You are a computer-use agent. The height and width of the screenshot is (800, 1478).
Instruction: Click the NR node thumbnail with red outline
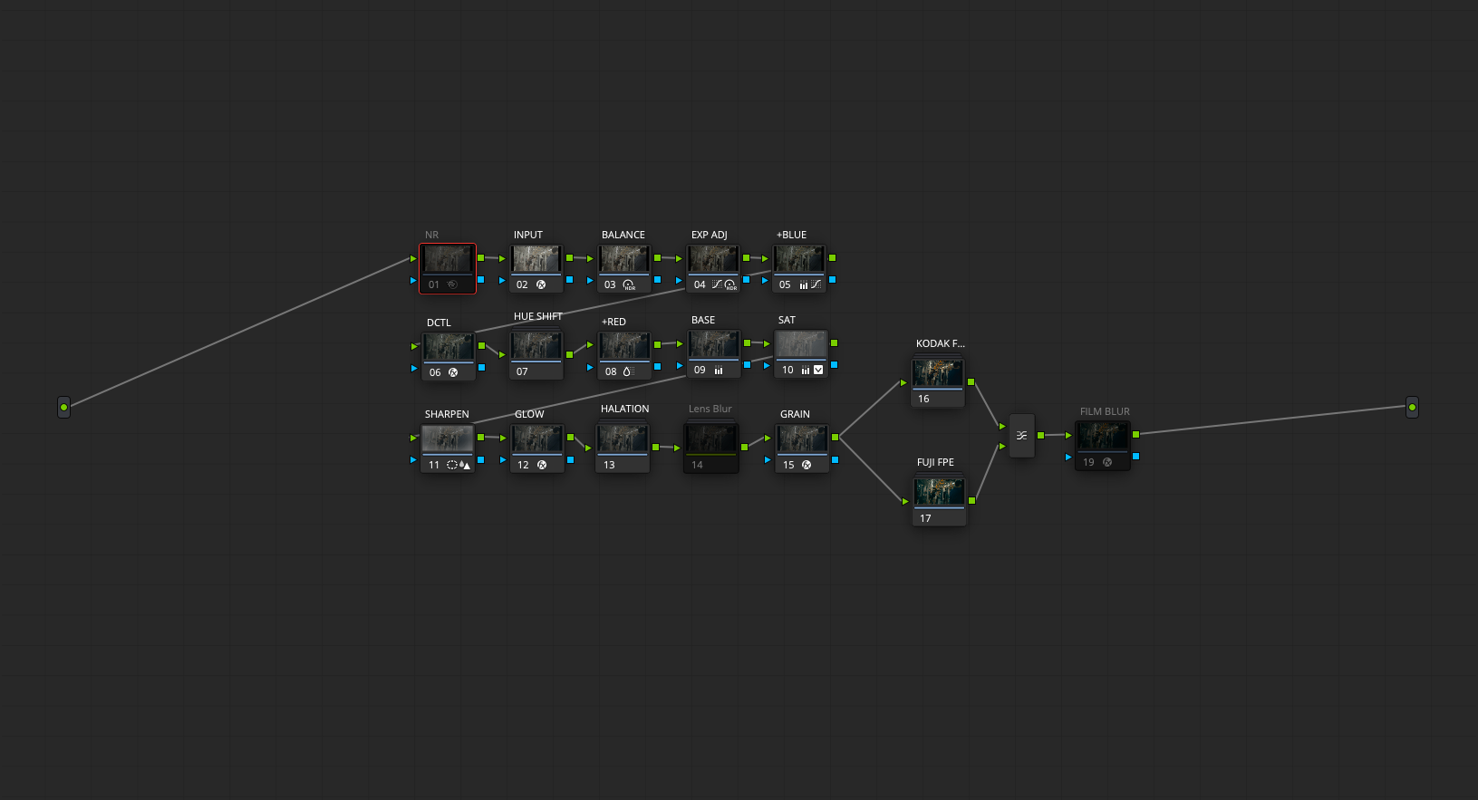pos(448,259)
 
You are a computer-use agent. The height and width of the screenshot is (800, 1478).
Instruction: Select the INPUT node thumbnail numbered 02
pos(536,259)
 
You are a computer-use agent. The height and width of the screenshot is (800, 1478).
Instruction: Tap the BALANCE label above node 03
pos(623,235)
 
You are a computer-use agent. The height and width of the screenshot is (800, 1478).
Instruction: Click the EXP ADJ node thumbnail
pos(712,259)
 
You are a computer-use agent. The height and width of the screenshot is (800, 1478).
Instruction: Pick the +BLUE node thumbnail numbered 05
pos(799,259)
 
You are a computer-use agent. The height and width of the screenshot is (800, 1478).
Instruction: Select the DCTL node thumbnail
pos(449,347)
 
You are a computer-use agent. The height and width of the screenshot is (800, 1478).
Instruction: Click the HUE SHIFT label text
pos(537,316)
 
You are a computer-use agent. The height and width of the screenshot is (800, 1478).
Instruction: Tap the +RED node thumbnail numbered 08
pos(624,346)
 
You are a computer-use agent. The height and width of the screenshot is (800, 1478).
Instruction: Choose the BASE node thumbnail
pos(713,344)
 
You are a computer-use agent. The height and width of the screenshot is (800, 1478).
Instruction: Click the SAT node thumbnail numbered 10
pos(801,344)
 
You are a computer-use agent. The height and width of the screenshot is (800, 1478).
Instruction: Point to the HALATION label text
pos(625,409)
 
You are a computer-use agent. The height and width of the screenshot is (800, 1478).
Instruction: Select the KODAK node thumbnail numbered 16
pos(938,373)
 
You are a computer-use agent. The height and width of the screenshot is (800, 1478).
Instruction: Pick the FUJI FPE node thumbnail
pos(939,493)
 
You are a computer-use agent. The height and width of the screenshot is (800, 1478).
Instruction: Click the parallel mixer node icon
pos(1021,435)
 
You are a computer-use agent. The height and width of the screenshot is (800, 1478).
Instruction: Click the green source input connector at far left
pos(64,407)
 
